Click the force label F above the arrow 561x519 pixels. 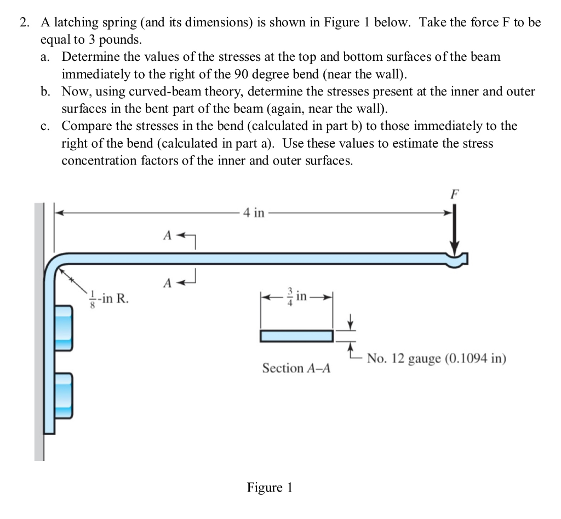coord(455,194)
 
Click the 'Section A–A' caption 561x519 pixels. coord(296,368)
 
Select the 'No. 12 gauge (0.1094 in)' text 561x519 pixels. coord(436,359)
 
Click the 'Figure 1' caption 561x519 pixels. coord(270,487)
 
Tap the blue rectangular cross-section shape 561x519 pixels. coord(296,335)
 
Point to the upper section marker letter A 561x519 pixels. coord(167,235)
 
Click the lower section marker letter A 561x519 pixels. coord(167,283)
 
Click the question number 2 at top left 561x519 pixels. coord(23,22)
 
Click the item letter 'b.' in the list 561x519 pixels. coord(46,91)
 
